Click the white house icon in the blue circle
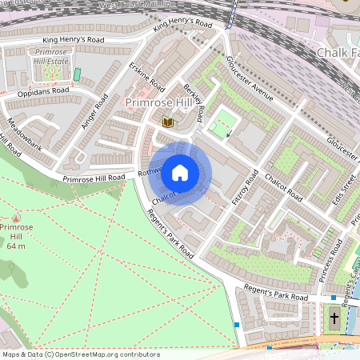coord(180,173)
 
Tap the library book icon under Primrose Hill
coord(167,122)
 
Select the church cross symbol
coord(334,319)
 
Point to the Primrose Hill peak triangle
coord(17,218)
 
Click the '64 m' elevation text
coord(17,246)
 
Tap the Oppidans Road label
coord(43,92)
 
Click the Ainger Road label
coord(94,112)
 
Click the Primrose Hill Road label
coord(94,177)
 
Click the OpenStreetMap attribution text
coord(81,354)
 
